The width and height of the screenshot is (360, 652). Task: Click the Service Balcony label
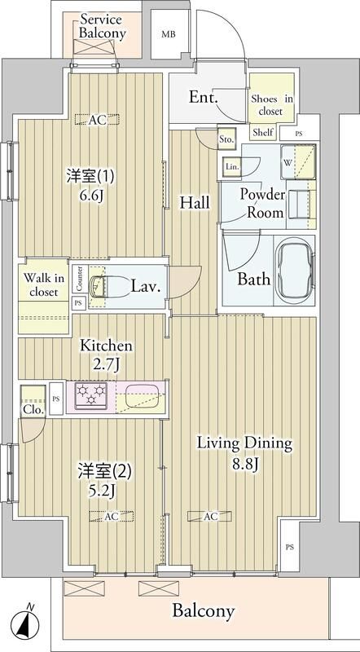[x=100, y=25]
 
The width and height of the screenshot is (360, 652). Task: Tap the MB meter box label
[x=168, y=34]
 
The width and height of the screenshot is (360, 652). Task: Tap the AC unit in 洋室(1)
[x=97, y=120]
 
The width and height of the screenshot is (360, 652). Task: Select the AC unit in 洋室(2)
[x=112, y=516]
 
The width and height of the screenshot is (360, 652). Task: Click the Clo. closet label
[x=33, y=409]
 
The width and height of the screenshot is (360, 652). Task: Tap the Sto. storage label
[x=227, y=140]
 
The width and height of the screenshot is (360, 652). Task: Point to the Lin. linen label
[x=232, y=166]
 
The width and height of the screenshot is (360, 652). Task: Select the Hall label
[x=195, y=202]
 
